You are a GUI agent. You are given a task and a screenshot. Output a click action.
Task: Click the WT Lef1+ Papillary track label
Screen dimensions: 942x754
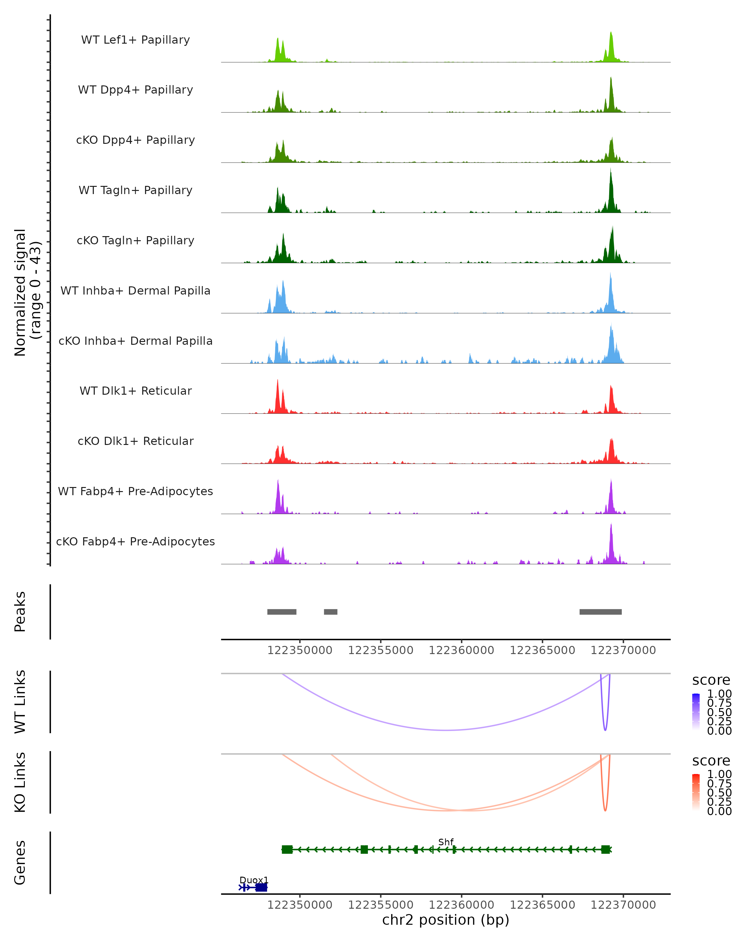(x=135, y=40)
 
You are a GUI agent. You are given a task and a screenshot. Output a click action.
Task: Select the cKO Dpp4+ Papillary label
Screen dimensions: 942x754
(x=135, y=140)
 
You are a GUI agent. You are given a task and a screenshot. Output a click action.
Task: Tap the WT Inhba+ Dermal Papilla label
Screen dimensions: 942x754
(x=135, y=291)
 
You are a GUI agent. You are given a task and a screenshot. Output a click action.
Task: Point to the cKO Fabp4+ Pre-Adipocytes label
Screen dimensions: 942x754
(x=135, y=542)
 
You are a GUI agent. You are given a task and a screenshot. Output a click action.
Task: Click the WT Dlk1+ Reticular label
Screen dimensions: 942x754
(x=135, y=391)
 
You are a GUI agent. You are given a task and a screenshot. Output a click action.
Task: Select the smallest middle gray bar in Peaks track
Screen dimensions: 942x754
(x=331, y=612)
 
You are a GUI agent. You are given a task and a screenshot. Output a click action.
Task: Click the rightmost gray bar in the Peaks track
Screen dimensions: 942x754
(x=601, y=612)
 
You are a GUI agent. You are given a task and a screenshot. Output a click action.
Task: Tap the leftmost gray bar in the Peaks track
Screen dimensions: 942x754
(x=282, y=612)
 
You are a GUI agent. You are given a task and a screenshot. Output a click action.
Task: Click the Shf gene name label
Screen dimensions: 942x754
(x=446, y=842)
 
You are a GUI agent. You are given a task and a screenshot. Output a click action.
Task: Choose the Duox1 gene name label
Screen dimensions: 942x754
(x=254, y=880)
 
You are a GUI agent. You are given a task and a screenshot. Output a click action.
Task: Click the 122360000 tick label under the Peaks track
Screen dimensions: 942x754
(x=462, y=651)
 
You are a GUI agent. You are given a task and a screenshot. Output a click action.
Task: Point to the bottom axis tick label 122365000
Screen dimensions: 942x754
(x=543, y=905)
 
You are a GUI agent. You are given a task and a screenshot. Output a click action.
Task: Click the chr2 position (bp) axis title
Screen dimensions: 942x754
(x=446, y=920)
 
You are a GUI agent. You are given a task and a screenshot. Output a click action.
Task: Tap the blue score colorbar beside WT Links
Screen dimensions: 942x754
(x=696, y=712)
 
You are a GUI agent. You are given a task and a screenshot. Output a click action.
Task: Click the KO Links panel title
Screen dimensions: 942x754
(x=20, y=782)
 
